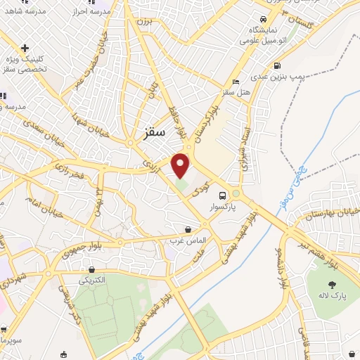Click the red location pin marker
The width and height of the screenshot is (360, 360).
tap(181, 165)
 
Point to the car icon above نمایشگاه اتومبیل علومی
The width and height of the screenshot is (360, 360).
tap(262, 19)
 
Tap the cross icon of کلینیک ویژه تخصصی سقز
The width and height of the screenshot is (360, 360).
tap(25, 48)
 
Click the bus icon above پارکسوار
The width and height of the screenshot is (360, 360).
tap(223, 196)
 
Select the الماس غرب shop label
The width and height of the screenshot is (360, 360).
tap(188, 240)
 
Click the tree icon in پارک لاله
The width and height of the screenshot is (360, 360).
tap(332, 285)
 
